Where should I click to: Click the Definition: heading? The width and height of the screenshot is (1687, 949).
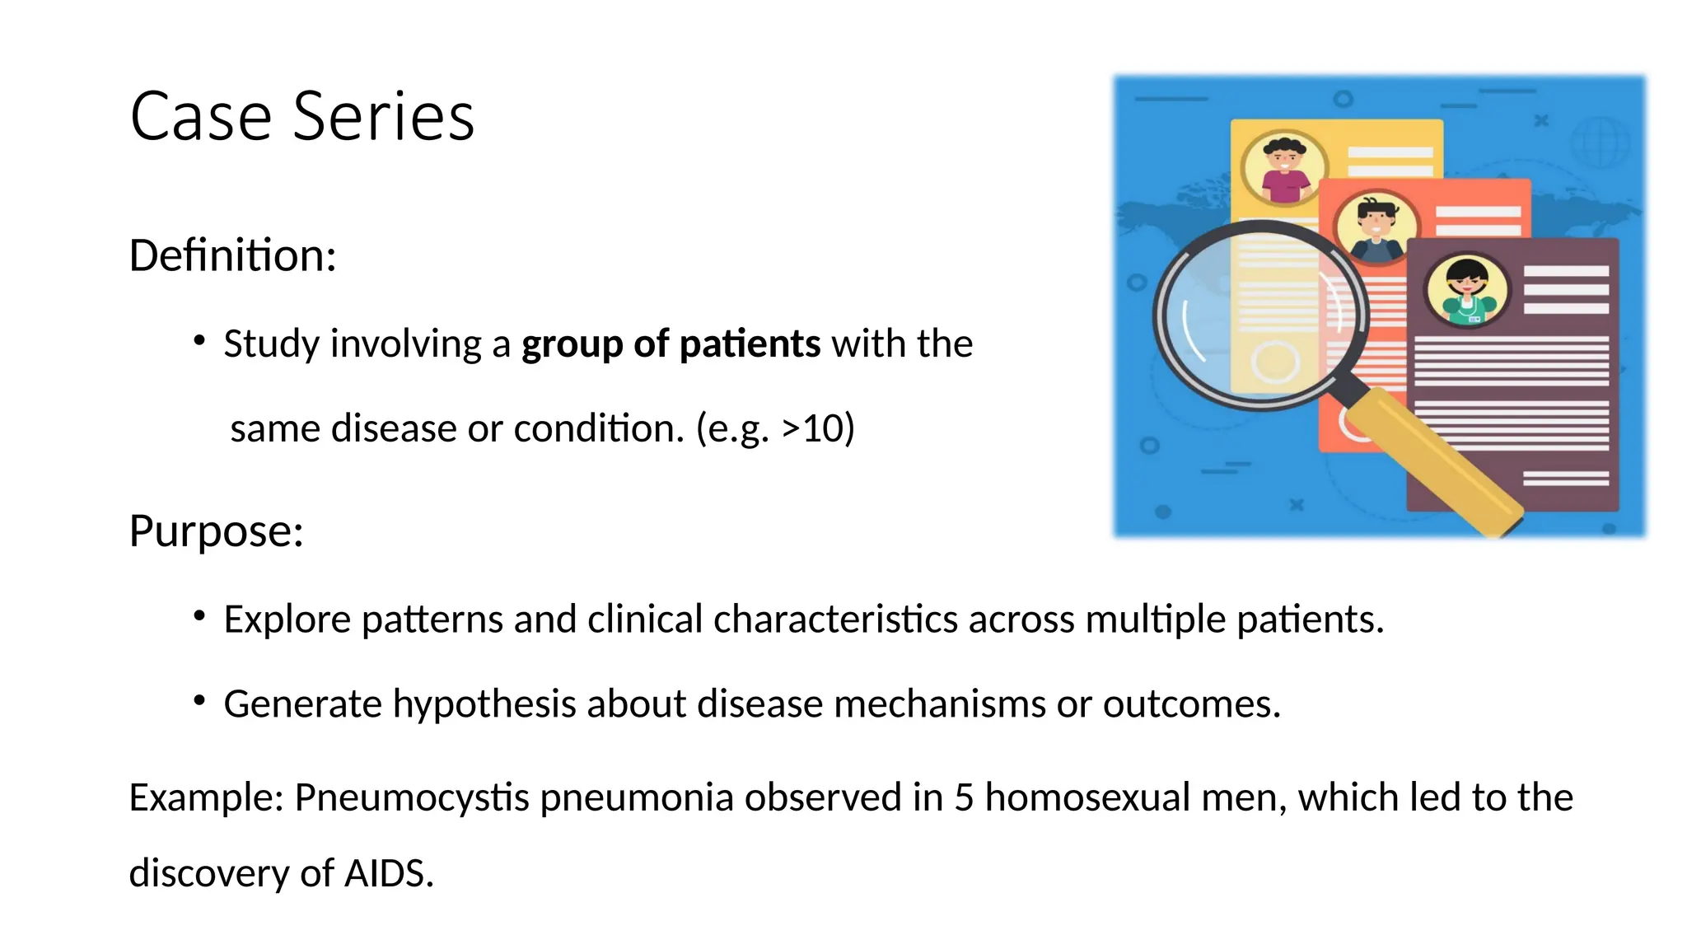(x=232, y=255)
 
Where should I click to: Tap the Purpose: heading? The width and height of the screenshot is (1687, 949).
(x=216, y=531)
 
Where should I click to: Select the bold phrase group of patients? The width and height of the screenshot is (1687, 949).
(x=671, y=344)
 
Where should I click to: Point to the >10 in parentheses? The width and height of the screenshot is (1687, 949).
(x=813, y=428)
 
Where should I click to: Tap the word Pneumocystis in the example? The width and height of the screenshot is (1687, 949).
(x=411, y=797)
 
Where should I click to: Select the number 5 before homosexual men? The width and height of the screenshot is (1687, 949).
(x=964, y=797)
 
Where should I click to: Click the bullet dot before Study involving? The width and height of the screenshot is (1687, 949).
(x=199, y=340)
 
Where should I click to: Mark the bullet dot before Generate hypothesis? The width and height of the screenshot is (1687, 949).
(x=199, y=700)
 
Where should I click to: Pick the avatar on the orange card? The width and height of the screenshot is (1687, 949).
(x=1376, y=227)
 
